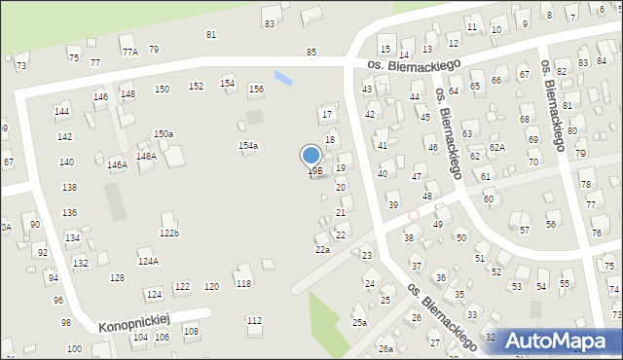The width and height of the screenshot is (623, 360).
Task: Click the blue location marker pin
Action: click(x=311, y=156)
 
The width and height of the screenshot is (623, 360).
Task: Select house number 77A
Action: click(x=129, y=51)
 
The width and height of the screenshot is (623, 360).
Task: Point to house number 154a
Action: click(x=248, y=146)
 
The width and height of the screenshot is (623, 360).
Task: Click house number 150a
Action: click(x=164, y=134)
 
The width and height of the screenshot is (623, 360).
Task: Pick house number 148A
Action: click(x=146, y=156)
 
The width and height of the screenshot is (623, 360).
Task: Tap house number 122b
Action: click(x=169, y=234)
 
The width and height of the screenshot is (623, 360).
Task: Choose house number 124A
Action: click(x=148, y=262)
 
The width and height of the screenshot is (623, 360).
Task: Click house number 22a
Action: click(x=322, y=250)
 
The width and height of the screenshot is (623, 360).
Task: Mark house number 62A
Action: click(x=497, y=148)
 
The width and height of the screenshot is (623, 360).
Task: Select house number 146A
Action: click(x=117, y=165)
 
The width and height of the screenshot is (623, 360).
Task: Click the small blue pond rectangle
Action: click(x=282, y=76)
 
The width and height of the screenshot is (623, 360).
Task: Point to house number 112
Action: click(x=254, y=321)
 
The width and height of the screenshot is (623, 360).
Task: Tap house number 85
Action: click(x=311, y=52)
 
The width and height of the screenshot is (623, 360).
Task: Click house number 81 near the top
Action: click(x=211, y=35)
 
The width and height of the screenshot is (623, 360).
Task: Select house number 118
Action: click(x=243, y=284)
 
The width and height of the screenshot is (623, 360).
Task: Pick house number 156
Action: click(x=256, y=90)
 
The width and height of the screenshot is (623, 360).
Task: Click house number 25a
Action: click(x=360, y=323)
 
